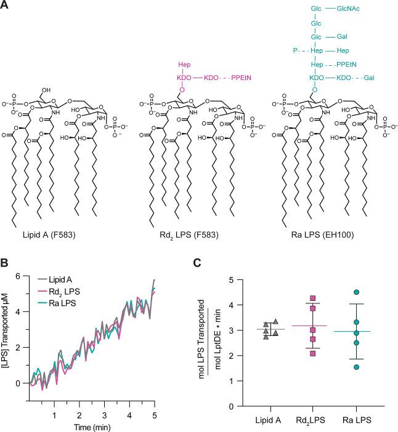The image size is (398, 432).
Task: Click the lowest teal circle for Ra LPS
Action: (356, 367)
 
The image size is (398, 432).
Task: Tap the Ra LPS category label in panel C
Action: (355, 420)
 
